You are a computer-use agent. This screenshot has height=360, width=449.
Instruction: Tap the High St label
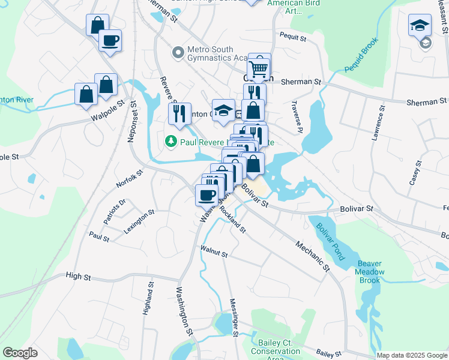(x=78, y=277)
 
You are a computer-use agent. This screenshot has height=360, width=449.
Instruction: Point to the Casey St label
(x=415, y=172)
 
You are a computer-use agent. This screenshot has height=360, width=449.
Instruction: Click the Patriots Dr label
(x=113, y=211)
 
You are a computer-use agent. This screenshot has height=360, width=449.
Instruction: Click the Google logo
(x=20, y=353)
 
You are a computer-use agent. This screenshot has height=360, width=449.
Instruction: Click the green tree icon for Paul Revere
(x=171, y=142)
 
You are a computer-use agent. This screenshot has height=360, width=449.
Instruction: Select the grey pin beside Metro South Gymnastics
(x=178, y=53)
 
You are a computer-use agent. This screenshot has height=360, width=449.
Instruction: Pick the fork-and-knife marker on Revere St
(x=179, y=113)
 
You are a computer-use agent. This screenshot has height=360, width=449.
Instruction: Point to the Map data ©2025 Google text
(x=412, y=355)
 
